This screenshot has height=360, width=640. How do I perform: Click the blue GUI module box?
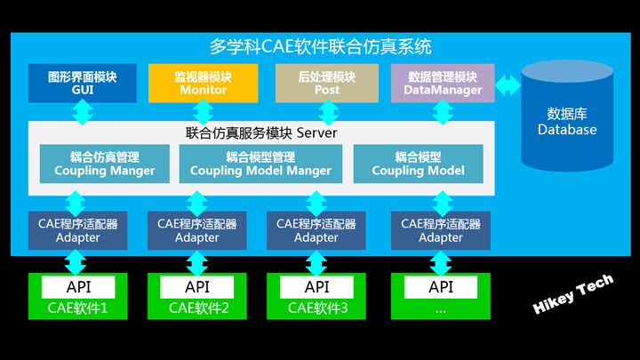(x=83, y=83)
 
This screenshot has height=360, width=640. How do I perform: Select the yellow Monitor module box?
(x=204, y=83)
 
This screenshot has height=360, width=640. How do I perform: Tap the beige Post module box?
(x=327, y=83)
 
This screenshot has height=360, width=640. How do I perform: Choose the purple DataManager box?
(x=443, y=83)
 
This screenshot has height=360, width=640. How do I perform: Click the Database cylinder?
(x=567, y=116)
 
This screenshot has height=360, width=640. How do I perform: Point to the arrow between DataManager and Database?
(x=508, y=85)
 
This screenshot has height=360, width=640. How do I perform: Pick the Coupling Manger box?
(x=105, y=164)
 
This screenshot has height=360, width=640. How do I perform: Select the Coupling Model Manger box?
(x=260, y=164)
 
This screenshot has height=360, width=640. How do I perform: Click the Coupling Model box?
(x=419, y=164)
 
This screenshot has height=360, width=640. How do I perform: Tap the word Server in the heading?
(x=316, y=132)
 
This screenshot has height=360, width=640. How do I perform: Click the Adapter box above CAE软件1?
(x=77, y=230)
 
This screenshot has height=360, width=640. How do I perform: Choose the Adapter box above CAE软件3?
(x=316, y=230)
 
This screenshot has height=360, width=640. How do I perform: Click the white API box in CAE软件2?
(x=197, y=287)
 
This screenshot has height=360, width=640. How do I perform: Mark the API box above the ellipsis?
(x=441, y=287)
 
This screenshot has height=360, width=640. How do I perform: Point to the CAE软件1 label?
(x=77, y=308)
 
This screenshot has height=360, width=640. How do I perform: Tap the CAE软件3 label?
(x=318, y=308)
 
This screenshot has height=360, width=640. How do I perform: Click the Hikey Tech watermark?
(x=573, y=294)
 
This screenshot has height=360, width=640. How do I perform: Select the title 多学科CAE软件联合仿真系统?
(x=320, y=46)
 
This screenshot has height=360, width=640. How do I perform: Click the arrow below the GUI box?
(x=83, y=112)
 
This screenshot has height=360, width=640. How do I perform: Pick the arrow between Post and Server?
(x=328, y=112)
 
